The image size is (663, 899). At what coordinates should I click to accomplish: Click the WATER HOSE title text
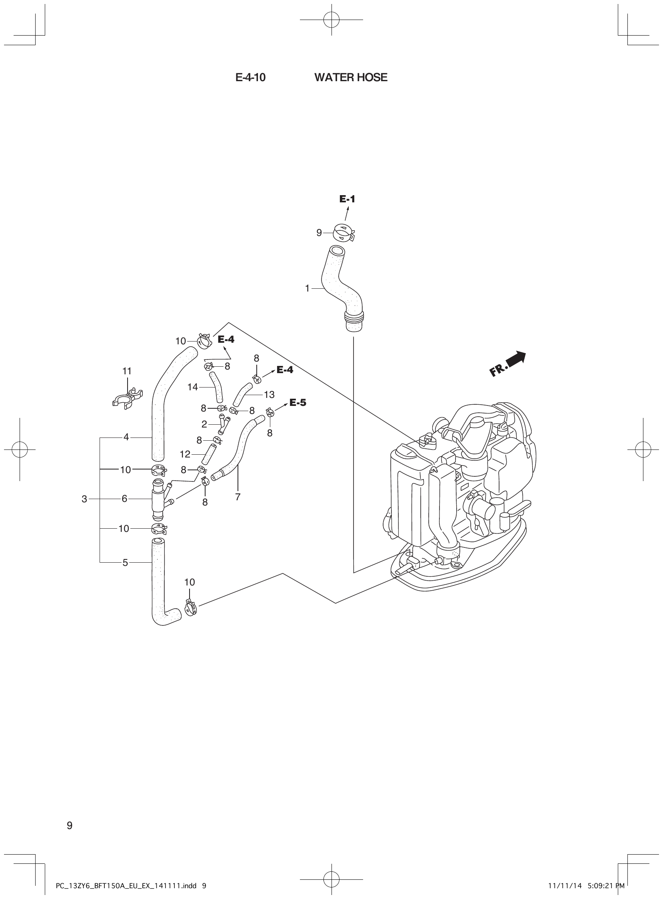coord(351,78)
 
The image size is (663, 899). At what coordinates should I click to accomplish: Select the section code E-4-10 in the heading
coord(250,78)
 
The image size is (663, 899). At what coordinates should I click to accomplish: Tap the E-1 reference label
coord(347,199)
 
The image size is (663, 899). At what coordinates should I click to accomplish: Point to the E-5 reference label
coord(298,403)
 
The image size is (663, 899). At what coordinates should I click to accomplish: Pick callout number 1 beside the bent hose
coord(308,289)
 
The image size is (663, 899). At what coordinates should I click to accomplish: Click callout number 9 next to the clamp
coord(319,233)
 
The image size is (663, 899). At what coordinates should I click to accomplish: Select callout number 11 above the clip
coord(127,371)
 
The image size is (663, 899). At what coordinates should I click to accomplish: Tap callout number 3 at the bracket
coord(84,499)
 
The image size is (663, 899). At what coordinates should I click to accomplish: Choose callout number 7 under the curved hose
coord(238,497)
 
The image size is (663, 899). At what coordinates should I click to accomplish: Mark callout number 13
coord(269,395)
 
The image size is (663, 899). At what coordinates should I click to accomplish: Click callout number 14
coord(193,387)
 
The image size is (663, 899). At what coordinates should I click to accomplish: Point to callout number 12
coord(185,454)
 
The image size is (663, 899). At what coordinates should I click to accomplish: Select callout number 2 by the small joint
coord(204,424)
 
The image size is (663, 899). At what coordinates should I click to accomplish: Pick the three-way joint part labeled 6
coord(159,498)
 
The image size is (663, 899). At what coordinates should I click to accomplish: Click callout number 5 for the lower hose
coord(125,563)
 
